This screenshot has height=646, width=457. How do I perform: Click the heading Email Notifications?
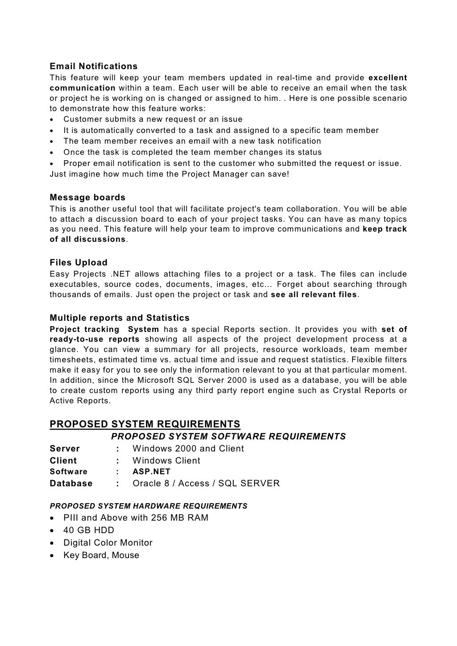(93, 66)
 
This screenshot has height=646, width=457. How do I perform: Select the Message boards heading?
(87, 198)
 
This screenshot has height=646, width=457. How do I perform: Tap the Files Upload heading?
(79, 263)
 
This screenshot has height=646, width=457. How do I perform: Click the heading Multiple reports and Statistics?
(120, 318)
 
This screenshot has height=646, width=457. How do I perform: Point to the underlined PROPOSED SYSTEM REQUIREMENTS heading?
(145, 424)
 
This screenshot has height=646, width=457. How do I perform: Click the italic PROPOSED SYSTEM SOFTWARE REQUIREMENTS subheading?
(228, 436)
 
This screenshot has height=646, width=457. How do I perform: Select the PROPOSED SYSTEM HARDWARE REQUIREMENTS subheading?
(148, 506)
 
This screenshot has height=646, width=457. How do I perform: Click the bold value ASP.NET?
(151, 472)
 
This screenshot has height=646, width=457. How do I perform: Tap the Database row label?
(71, 484)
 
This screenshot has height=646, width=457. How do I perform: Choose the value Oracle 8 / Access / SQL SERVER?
(206, 484)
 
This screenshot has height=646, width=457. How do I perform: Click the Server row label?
(65, 449)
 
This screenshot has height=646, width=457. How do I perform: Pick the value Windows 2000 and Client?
(188, 449)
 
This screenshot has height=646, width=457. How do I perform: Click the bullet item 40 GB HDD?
(89, 530)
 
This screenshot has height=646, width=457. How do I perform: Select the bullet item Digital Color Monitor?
(108, 543)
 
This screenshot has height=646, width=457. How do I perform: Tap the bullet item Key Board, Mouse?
(101, 555)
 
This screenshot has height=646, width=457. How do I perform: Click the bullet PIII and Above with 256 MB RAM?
(136, 518)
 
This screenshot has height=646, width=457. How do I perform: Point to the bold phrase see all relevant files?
(314, 295)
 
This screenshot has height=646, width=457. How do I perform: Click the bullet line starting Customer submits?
(153, 120)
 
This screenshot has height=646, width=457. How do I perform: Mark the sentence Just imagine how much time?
(169, 174)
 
